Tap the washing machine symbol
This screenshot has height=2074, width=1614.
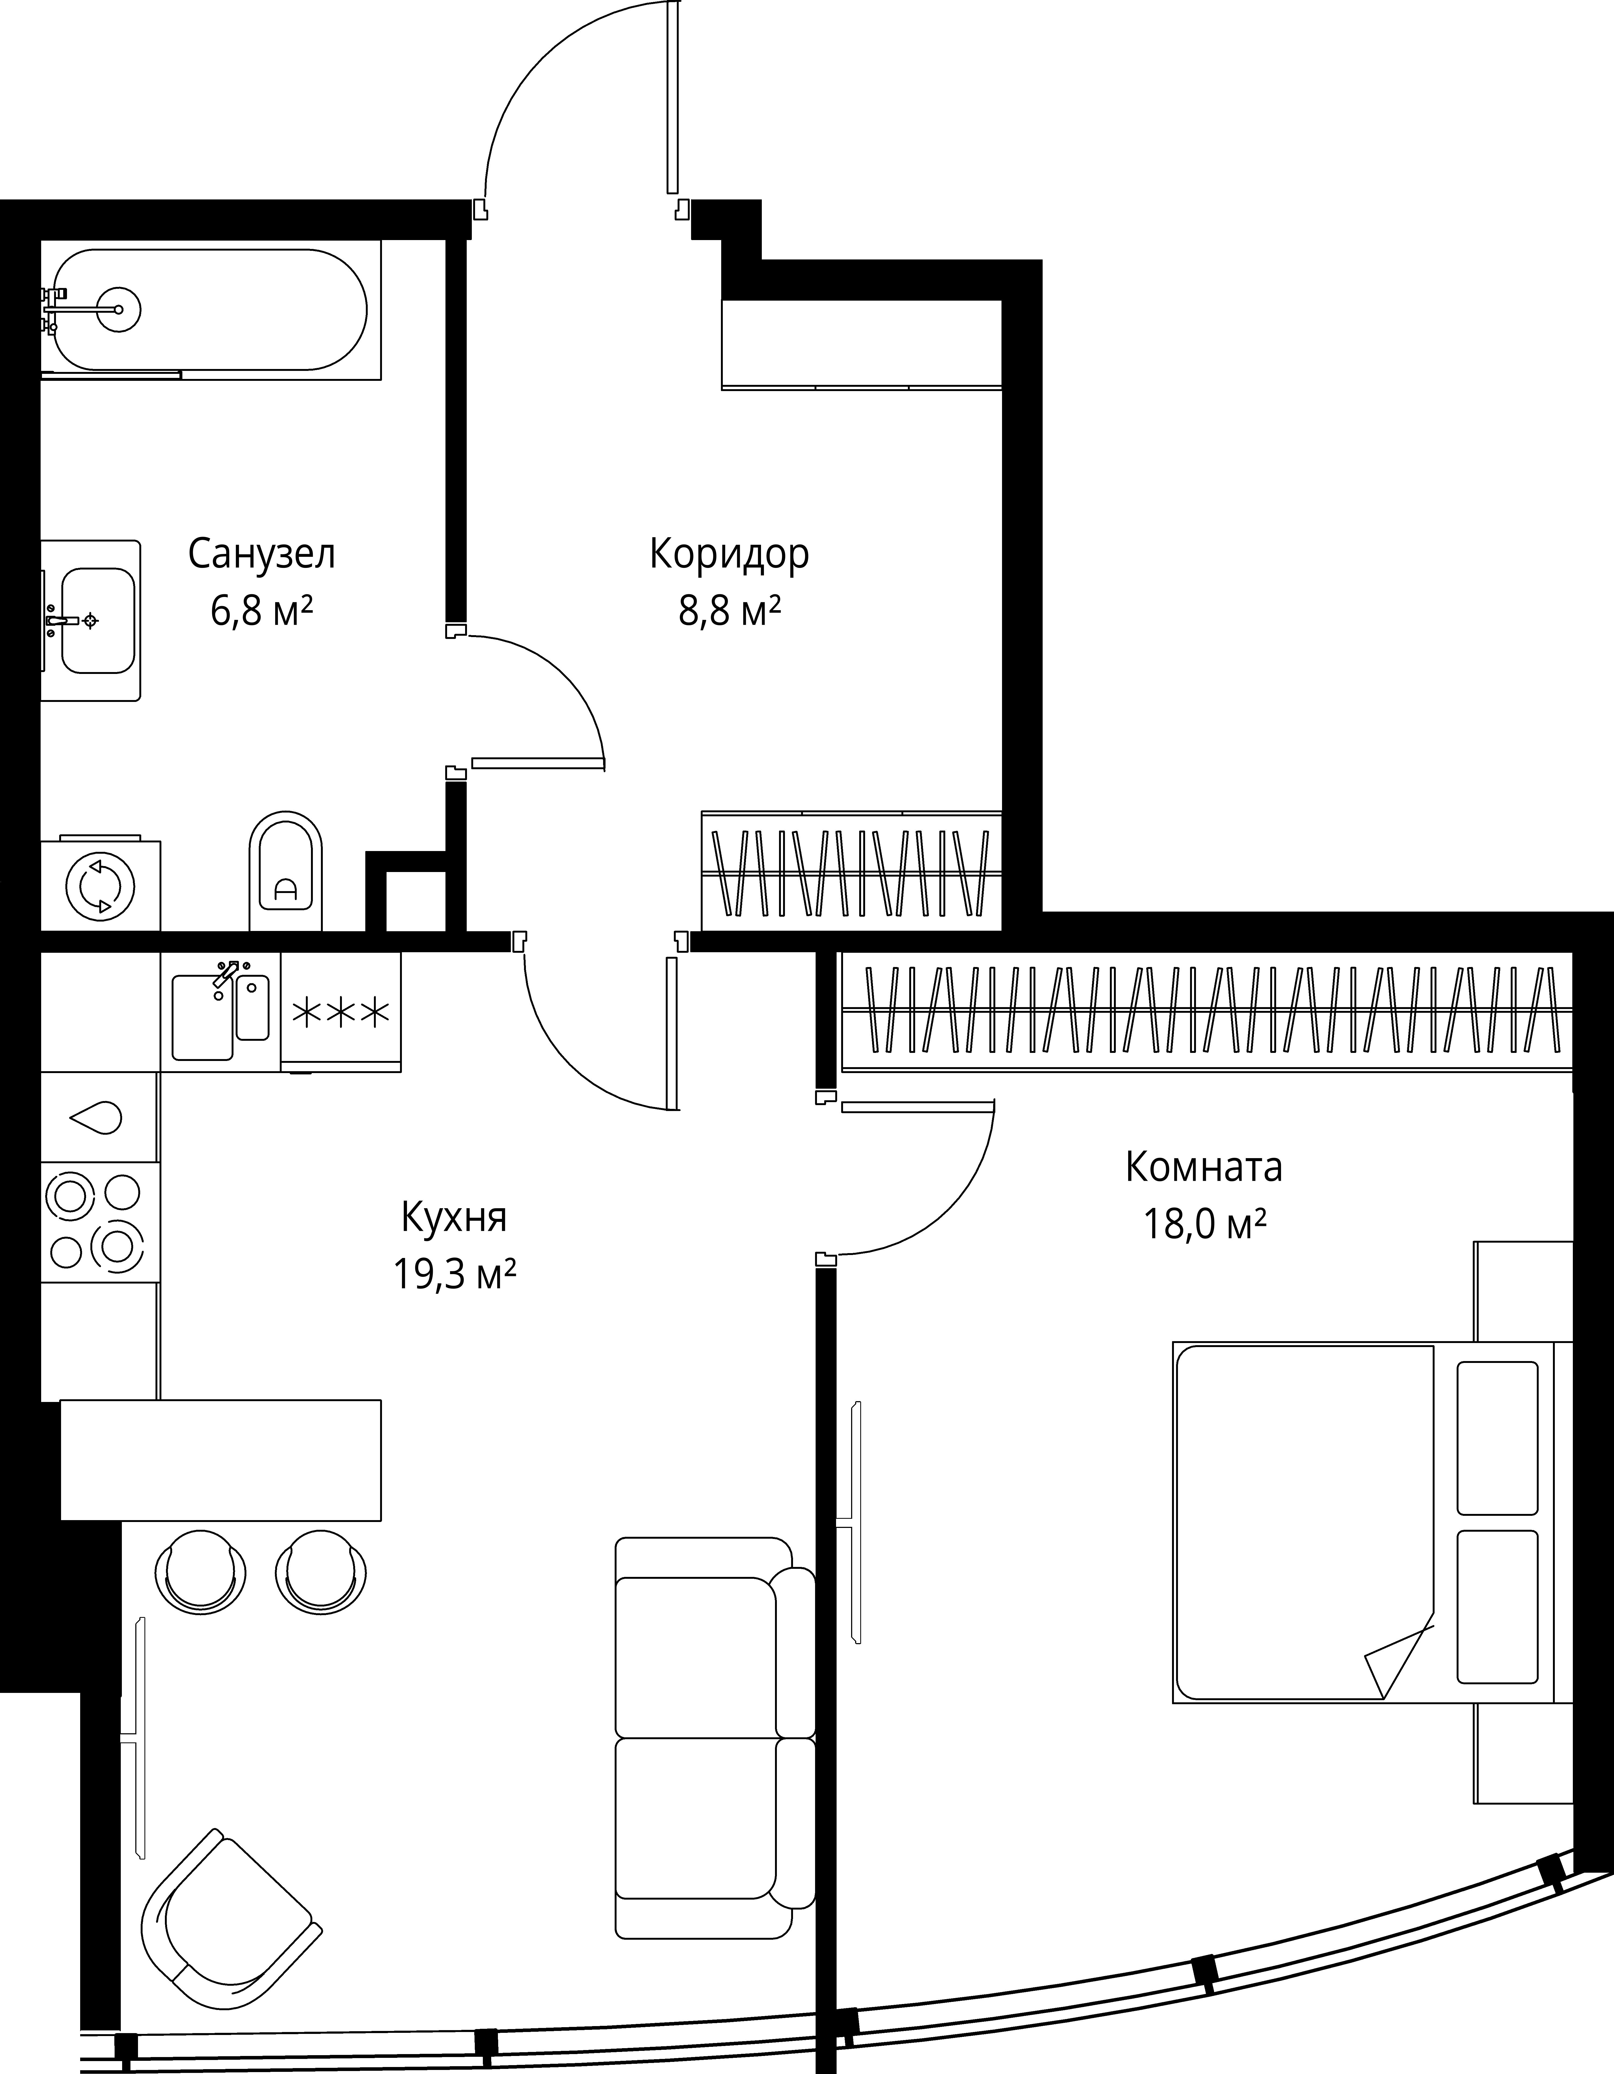pyautogui.click(x=101, y=884)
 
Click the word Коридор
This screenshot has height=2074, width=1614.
pyautogui.click(x=729, y=554)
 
